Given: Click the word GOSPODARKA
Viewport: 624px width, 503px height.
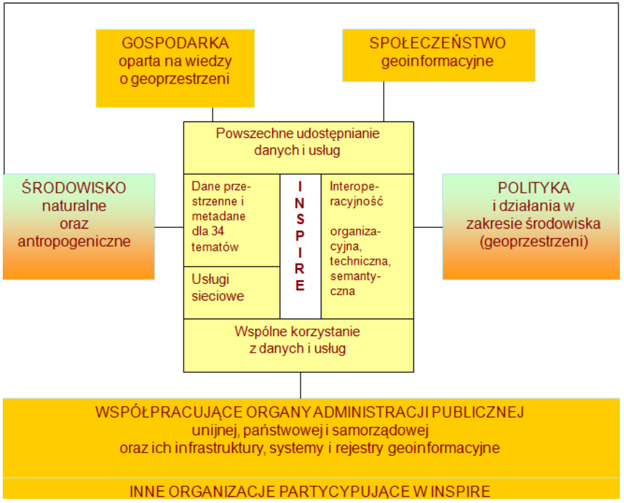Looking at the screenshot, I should point(175,43).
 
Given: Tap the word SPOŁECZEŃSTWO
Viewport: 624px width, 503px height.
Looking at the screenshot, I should point(438,43).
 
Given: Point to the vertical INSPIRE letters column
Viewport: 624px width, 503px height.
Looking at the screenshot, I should point(301,236).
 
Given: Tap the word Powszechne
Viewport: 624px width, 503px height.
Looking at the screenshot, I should point(253,133).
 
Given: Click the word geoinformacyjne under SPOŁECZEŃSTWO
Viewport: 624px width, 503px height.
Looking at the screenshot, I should point(438,61).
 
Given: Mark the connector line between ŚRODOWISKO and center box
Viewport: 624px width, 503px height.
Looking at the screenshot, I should point(168,227).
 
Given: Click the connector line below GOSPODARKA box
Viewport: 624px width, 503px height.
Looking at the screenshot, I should point(213,114).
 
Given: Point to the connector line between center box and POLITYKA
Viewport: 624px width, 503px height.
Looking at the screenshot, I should point(428,227).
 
